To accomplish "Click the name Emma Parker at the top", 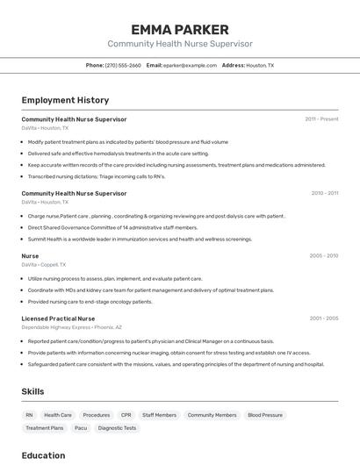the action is click(x=180, y=29).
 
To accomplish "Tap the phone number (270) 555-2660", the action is click(x=123, y=65).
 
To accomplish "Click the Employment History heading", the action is click(x=65, y=101).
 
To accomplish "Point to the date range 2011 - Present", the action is click(x=321, y=119).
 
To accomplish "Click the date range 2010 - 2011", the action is click(x=324, y=193).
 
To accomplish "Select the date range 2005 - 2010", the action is click(x=324, y=256).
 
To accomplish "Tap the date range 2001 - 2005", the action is click(x=324, y=318).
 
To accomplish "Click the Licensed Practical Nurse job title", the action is click(x=58, y=318).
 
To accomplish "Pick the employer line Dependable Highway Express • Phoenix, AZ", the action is click(x=71, y=327).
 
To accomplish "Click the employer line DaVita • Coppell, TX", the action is click(x=43, y=264).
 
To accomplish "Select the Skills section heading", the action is click(x=33, y=391).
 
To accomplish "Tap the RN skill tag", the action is click(x=29, y=415).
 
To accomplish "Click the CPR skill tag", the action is click(x=126, y=415).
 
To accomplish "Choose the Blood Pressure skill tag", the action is click(x=265, y=415).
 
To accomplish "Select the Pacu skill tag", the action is click(x=81, y=428).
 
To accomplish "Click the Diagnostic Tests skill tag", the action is click(x=117, y=428).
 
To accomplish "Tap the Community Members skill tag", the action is click(x=212, y=415).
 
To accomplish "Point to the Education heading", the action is click(x=43, y=455).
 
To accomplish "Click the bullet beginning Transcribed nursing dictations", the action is click(x=96, y=176).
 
